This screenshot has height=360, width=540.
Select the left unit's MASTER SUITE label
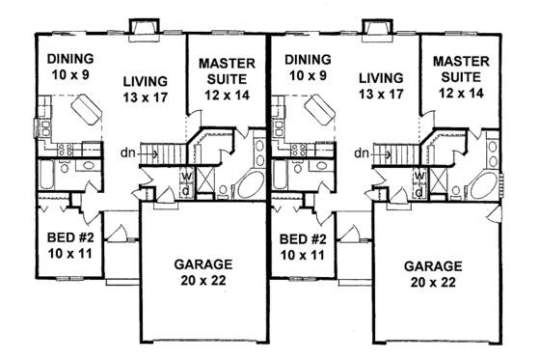click(x=225, y=70)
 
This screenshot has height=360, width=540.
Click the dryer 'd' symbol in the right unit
click(x=420, y=189)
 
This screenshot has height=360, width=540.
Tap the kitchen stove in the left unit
click(x=68, y=150)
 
